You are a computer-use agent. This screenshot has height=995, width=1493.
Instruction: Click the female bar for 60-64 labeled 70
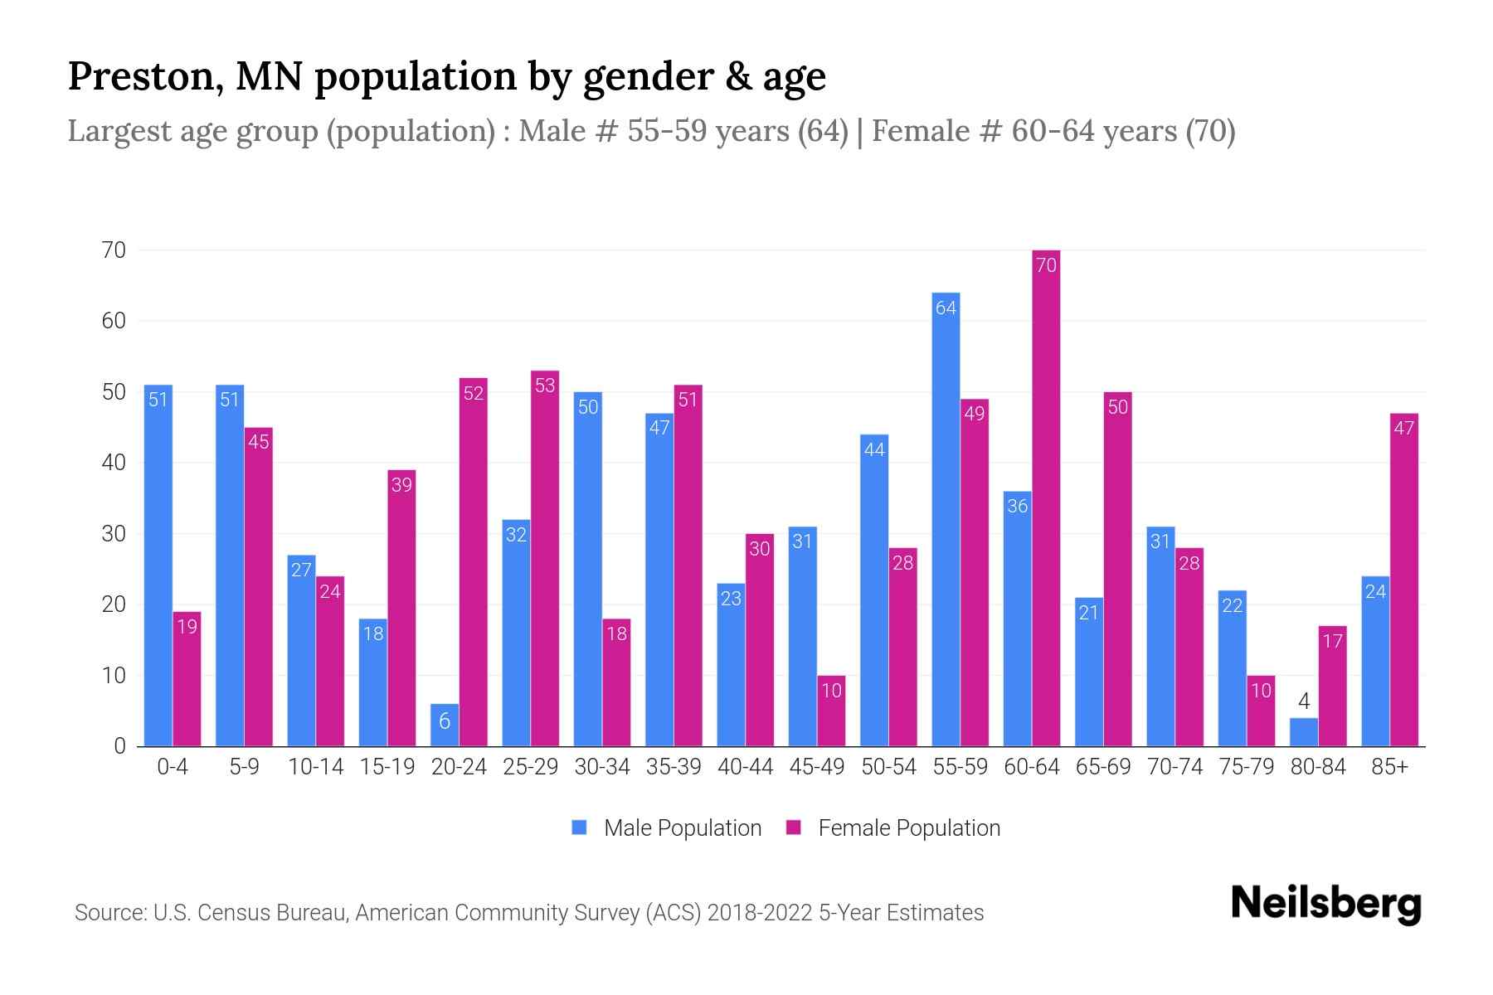coord(1046,498)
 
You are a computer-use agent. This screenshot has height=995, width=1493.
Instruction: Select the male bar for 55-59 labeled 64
coord(946,519)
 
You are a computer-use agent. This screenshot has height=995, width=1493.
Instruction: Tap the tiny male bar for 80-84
coord(1303,732)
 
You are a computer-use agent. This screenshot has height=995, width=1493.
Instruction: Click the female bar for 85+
coord(1403,580)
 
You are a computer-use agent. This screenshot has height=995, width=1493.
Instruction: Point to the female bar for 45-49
coord(831,711)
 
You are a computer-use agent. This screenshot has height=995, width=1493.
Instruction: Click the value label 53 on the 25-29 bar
coord(545,386)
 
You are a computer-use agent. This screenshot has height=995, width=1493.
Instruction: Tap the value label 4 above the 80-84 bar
coord(1303,702)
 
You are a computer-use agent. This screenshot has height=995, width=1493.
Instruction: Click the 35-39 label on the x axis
coord(674,767)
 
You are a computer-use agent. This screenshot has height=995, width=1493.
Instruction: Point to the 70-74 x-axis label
coord(1174,767)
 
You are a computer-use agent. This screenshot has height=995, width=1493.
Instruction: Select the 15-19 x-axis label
coord(387,767)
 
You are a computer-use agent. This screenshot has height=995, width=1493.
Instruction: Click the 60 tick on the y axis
coord(114,321)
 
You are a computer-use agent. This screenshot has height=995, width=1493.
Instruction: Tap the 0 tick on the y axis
coord(120,746)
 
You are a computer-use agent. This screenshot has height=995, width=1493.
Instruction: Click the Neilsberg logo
coord(1325,904)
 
